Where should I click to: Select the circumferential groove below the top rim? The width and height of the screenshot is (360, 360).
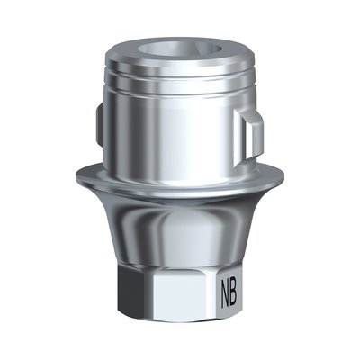pyautogui.click(x=180, y=87)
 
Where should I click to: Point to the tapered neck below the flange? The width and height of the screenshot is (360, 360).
pyautogui.click(x=180, y=225)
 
